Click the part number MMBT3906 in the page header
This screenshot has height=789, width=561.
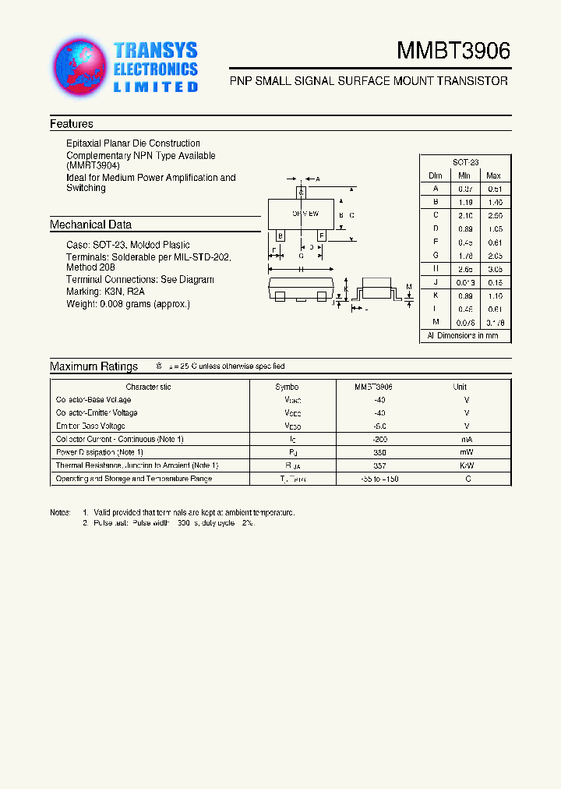point(453,51)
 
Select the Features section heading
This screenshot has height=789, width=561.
point(72,124)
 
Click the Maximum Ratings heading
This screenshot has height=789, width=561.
point(93,366)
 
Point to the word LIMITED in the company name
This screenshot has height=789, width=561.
point(156,87)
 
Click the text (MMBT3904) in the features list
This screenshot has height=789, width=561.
point(93,166)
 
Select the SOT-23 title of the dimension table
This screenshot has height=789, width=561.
point(465,162)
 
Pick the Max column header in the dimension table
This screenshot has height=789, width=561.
point(493,175)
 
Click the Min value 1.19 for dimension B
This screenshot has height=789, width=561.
point(464,201)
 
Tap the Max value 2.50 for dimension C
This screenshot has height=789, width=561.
point(493,214)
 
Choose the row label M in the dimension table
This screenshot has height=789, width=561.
point(436,322)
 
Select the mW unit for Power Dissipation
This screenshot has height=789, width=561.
point(466,452)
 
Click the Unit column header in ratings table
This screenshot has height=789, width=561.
point(460,387)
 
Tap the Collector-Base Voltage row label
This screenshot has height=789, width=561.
point(93,400)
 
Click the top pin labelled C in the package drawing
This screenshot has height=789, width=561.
point(301,192)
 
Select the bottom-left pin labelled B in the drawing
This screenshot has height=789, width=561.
point(280,235)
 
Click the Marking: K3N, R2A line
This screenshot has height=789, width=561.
point(105,292)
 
